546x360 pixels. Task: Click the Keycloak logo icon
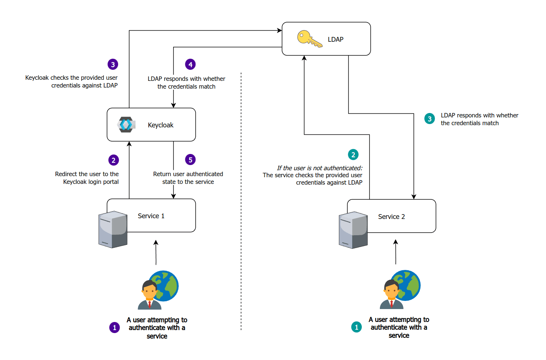(126, 125)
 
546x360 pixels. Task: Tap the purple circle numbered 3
(113, 64)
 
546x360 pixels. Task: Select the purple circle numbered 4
(190, 64)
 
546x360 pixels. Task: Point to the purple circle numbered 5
(190, 160)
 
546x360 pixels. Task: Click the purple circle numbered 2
(113, 160)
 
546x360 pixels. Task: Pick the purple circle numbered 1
(114, 328)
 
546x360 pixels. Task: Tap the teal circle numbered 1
(356, 327)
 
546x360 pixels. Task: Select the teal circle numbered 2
(353, 154)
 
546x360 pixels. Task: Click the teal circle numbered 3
(429, 119)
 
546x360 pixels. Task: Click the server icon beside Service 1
(113, 229)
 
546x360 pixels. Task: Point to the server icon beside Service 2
(353, 230)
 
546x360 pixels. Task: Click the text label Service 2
(391, 217)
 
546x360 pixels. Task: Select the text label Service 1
(151, 216)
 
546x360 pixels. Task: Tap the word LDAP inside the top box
(335, 40)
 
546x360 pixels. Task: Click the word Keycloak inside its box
(160, 125)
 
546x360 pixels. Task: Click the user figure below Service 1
(150, 295)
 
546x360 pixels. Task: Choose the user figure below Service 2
(392, 294)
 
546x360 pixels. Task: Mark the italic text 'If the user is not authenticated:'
(319, 168)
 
